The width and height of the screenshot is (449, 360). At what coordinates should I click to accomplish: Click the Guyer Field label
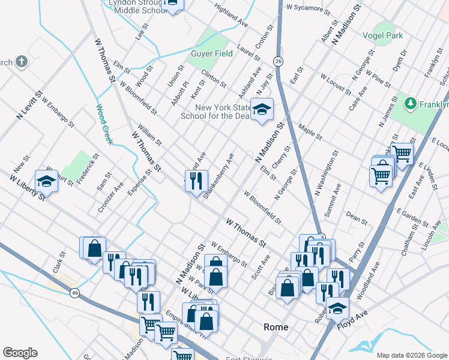tap(211, 54)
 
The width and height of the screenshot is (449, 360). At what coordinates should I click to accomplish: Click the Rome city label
tap(276, 327)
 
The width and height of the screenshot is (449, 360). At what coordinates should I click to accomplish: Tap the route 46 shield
tap(74, 293)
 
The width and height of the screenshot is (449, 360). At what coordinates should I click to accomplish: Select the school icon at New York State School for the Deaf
tap(261, 109)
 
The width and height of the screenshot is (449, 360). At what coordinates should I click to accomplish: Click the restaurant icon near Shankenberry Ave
tap(196, 181)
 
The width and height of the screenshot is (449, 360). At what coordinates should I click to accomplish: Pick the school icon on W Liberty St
tap(46, 180)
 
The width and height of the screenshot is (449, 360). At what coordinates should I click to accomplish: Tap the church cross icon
tap(22, 61)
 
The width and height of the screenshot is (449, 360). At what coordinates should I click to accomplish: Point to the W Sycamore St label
tap(309, 9)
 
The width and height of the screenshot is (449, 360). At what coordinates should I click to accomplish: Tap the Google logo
tap(20, 353)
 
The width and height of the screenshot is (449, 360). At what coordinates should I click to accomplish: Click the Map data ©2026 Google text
tap(412, 355)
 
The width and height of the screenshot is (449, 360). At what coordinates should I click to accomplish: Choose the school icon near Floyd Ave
tap(338, 308)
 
